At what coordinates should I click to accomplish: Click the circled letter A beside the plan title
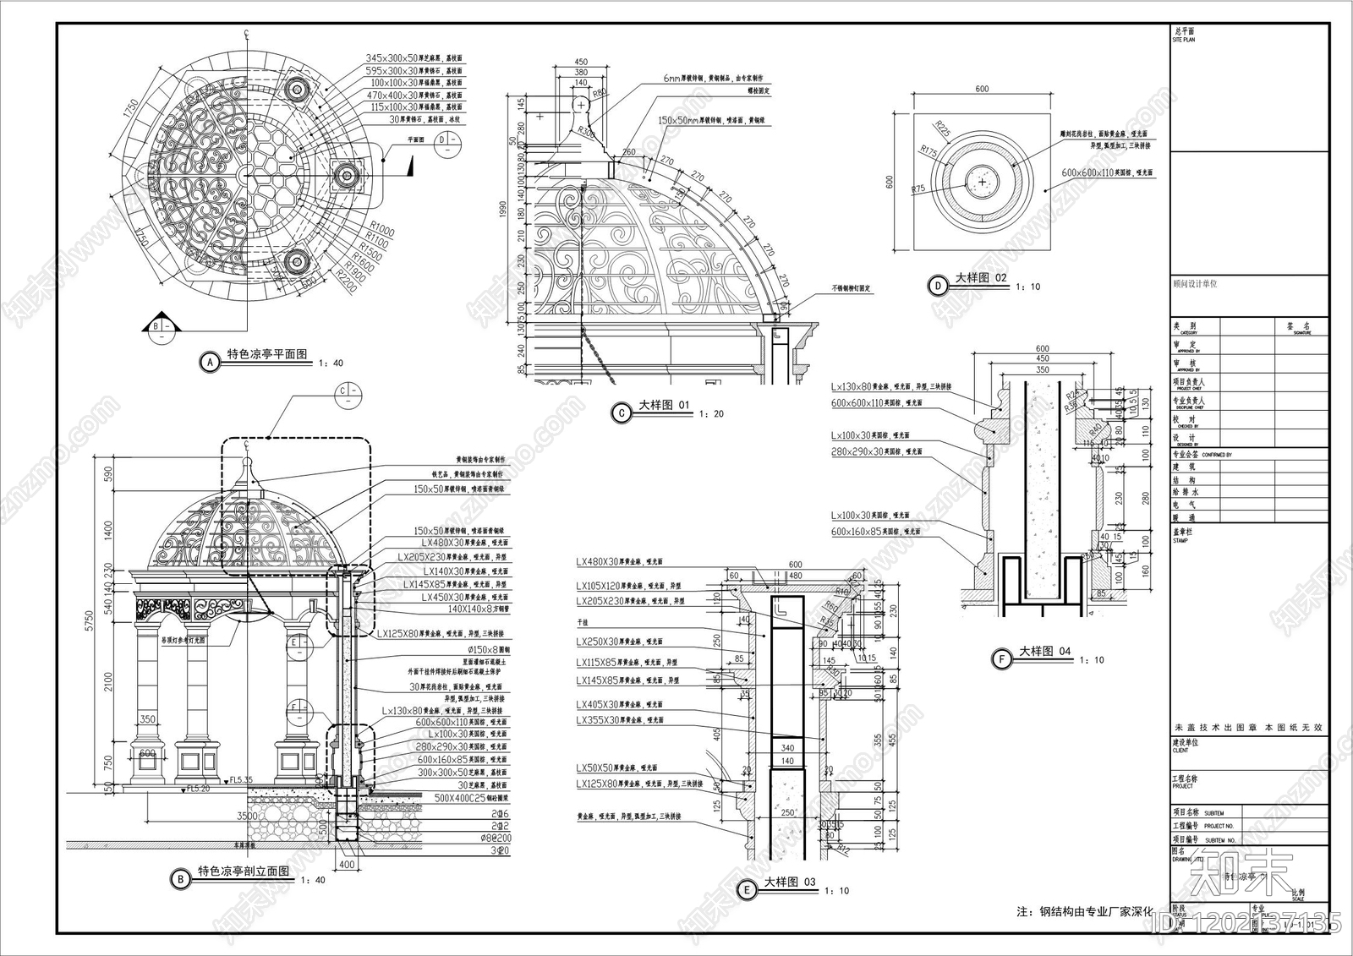pos(208,363)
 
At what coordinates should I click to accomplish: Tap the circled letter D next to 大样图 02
pos(938,286)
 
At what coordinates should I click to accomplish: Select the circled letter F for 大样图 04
pos(1002,658)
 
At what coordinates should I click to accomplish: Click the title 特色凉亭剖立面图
pos(244,871)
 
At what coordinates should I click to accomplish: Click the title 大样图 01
pos(664,406)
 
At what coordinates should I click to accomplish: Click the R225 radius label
pos(943,129)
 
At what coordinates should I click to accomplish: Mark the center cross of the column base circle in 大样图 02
pos(981,182)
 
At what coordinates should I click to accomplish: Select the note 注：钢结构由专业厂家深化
pos(1085,911)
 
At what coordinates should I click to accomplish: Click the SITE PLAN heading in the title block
pos(1184,40)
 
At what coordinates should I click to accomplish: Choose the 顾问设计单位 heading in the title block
pos(1195,284)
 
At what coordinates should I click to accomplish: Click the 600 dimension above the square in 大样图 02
pos(981,89)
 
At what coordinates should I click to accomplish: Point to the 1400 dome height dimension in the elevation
pos(108,530)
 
